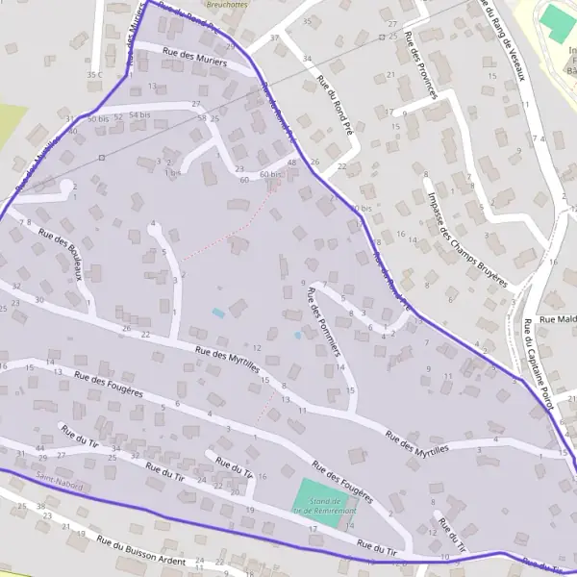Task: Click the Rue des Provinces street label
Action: coord(422,64)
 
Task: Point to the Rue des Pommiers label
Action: coord(323,321)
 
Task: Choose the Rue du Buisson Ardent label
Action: coord(140,549)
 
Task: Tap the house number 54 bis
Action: coord(139,115)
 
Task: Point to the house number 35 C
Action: coord(93,74)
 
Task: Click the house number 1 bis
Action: coord(172,173)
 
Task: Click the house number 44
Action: coord(40,448)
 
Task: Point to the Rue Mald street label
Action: coord(559,319)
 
